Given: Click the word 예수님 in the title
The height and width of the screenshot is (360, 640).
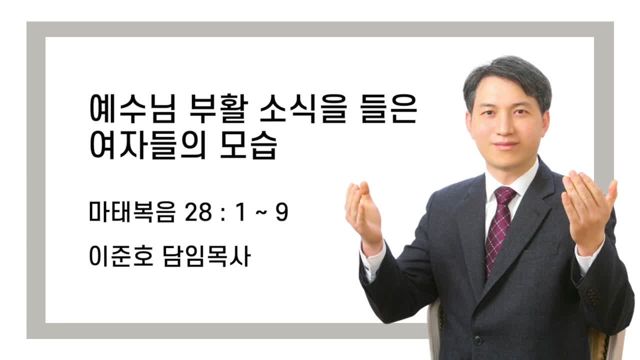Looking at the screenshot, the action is (132, 109).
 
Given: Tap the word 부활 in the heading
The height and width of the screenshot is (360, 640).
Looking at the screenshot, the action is (218, 109).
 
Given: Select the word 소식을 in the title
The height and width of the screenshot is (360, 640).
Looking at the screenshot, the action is (303, 109).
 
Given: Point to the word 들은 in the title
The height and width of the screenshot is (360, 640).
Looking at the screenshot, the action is (389, 109).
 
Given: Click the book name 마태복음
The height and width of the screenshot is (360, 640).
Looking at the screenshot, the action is (131, 211).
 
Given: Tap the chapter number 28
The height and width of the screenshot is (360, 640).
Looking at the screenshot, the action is (198, 212).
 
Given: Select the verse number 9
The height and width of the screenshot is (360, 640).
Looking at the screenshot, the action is (281, 212).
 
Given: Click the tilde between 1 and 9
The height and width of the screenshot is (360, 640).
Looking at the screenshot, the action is (261, 213).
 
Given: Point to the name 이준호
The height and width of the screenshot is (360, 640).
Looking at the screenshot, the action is (121, 255).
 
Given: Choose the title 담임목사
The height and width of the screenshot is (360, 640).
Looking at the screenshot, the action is (207, 255).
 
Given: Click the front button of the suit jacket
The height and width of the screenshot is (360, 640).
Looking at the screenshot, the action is (477, 340).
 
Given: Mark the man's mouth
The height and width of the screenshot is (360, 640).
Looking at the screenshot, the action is (505, 145).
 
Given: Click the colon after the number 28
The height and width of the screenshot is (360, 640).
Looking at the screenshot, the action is (223, 213).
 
